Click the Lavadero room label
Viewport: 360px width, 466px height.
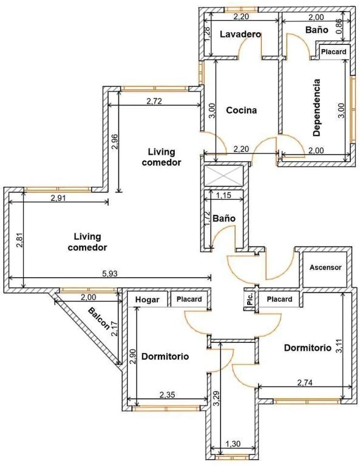coord(240,34)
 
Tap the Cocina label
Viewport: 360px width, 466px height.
coord(242,110)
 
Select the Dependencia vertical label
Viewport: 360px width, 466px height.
coord(317,107)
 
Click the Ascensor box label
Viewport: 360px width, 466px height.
coord(325,268)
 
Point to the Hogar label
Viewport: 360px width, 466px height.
coord(147,300)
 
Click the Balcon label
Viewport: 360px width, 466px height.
coord(99,319)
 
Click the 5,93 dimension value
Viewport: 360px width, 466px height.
coord(110,274)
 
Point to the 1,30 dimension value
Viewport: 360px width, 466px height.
coord(233,444)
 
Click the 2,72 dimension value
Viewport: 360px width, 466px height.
coord(154,101)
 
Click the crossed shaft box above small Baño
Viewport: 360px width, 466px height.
coord(223,175)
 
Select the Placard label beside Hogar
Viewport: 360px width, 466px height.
coord(189,299)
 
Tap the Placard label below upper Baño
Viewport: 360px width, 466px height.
coord(334,52)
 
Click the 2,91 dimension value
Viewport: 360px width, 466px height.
coord(58,198)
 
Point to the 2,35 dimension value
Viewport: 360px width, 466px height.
coord(168,394)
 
